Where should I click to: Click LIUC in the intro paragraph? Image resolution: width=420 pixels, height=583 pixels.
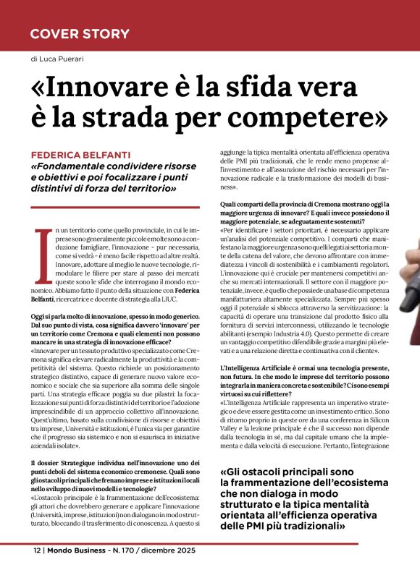tap(188, 299)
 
